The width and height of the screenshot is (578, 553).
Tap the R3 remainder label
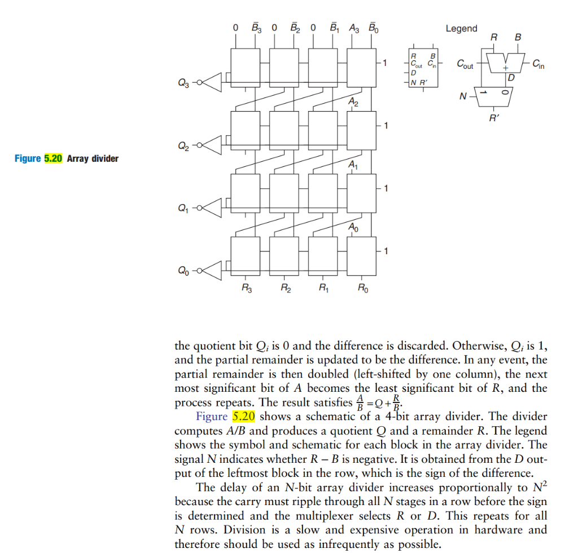click(x=247, y=289)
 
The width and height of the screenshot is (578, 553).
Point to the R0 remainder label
click(x=363, y=289)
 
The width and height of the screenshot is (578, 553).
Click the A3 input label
click(x=354, y=27)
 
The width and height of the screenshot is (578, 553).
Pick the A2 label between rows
click(x=353, y=102)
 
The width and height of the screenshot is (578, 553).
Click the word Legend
click(x=461, y=29)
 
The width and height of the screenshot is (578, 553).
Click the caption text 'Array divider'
click(x=93, y=158)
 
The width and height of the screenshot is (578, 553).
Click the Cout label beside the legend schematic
click(x=465, y=64)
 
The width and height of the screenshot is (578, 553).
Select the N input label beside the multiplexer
click(x=463, y=96)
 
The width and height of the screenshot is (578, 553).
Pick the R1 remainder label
click(x=323, y=289)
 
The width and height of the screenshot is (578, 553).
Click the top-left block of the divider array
click(x=246, y=66)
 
